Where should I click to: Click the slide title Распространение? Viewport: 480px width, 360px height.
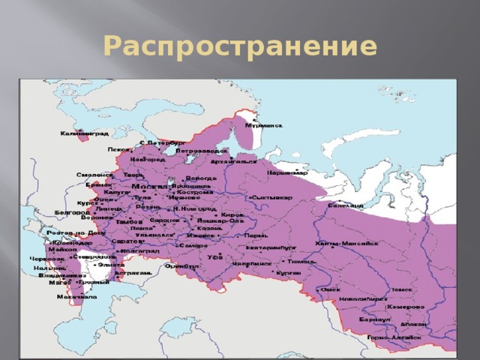point(239,47)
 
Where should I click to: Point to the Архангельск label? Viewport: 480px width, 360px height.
point(233,161)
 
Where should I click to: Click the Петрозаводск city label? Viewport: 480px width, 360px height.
point(202,150)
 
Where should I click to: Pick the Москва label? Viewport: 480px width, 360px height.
point(150,185)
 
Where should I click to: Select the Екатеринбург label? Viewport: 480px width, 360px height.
point(271,245)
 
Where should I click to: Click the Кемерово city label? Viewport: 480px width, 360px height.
point(406,306)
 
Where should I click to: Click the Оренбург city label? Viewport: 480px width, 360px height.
point(182,265)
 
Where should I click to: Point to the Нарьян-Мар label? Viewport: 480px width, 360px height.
point(286,173)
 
